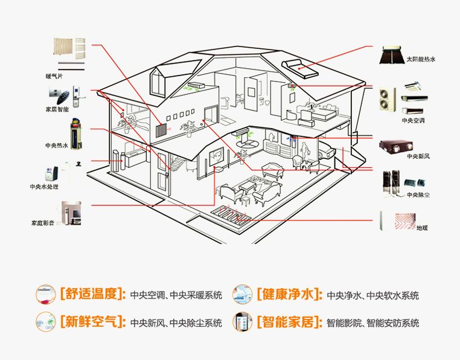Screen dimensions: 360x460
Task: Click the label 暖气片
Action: (54, 76)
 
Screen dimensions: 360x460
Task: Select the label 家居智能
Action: (57, 110)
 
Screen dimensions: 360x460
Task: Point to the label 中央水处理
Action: (44, 187)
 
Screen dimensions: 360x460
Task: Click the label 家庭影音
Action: (43, 223)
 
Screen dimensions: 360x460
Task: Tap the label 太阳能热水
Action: (420, 59)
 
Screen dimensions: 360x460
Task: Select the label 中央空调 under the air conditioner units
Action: (414, 120)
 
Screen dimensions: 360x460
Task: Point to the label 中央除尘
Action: (418, 194)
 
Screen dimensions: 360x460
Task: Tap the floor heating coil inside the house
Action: (234, 215)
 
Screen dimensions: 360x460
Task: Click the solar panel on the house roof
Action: (301, 68)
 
